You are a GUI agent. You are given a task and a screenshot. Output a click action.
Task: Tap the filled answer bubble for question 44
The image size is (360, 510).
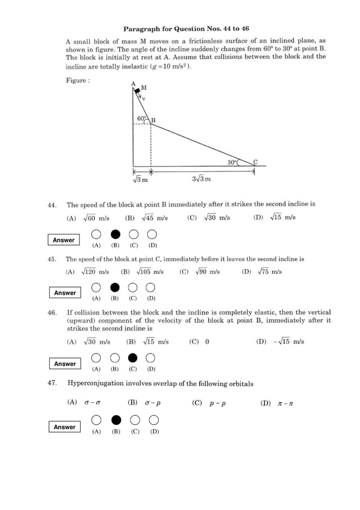[x=115, y=234]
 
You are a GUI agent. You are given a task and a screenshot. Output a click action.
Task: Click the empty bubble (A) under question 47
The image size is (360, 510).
[x=96, y=420]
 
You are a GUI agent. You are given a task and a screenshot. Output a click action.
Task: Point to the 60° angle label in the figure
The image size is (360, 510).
[x=141, y=119]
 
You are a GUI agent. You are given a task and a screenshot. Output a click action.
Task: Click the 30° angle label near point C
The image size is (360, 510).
[x=232, y=162]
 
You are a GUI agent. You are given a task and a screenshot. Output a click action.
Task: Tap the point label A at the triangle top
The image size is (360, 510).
[x=134, y=84]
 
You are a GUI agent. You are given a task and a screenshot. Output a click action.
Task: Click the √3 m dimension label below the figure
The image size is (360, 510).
[x=140, y=180]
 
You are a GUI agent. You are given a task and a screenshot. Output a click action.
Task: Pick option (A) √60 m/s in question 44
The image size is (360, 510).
[x=88, y=217]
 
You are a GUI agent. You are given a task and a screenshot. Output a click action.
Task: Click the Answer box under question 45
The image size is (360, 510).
[x=65, y=293]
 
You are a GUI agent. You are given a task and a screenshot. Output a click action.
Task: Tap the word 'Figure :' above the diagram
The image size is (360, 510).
[x=77, y=80]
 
